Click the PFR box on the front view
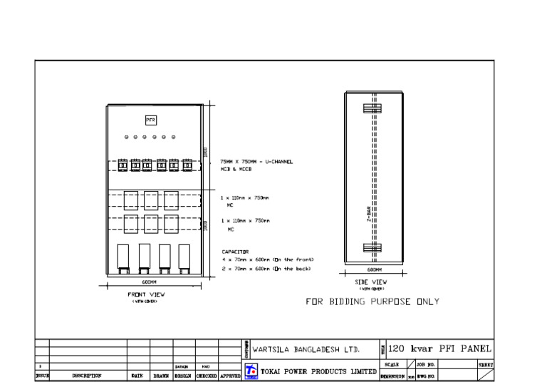(150, 120)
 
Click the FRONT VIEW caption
(147, 294)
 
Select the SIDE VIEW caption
(371, 282)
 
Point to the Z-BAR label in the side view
(369, 215)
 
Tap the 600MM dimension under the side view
(374, 270)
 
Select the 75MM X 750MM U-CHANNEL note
(256, 162)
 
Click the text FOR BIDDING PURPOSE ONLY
(373, 301)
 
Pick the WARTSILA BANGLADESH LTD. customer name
(306, 350)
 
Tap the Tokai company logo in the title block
(251, 371)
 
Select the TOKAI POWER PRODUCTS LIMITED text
(318, 371)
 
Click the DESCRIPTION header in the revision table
(87, 376)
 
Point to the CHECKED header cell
(207, 376)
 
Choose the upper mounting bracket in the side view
(373, 109)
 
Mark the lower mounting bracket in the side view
(373, 248)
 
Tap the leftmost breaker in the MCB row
(122, 165)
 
